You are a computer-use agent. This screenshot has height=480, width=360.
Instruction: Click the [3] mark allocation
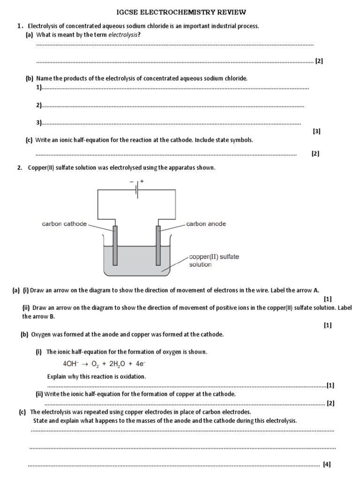click(317, 132)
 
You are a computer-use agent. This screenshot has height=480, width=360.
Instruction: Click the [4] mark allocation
click(327, 465)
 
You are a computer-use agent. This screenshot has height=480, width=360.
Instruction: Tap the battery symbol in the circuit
click(137, 190)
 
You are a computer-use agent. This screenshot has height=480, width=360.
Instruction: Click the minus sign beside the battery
click(132, 180)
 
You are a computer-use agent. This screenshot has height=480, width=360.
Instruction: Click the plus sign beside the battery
click(142, 180)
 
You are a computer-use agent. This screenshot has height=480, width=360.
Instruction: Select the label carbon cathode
click(64, 224)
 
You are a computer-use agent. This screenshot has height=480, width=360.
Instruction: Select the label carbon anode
click(206, 224)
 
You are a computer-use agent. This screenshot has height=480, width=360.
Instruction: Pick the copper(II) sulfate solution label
click(207, 261)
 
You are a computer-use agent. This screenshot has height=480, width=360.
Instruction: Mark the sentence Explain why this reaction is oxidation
click(97, 376)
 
